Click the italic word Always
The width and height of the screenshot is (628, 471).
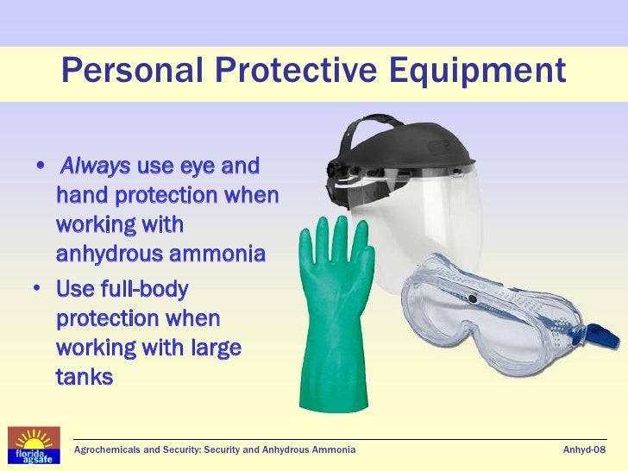(x=95, y=166)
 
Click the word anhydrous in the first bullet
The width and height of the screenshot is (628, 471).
(x=109, y=254)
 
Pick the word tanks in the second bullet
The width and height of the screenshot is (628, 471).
(x=85, y=377)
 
